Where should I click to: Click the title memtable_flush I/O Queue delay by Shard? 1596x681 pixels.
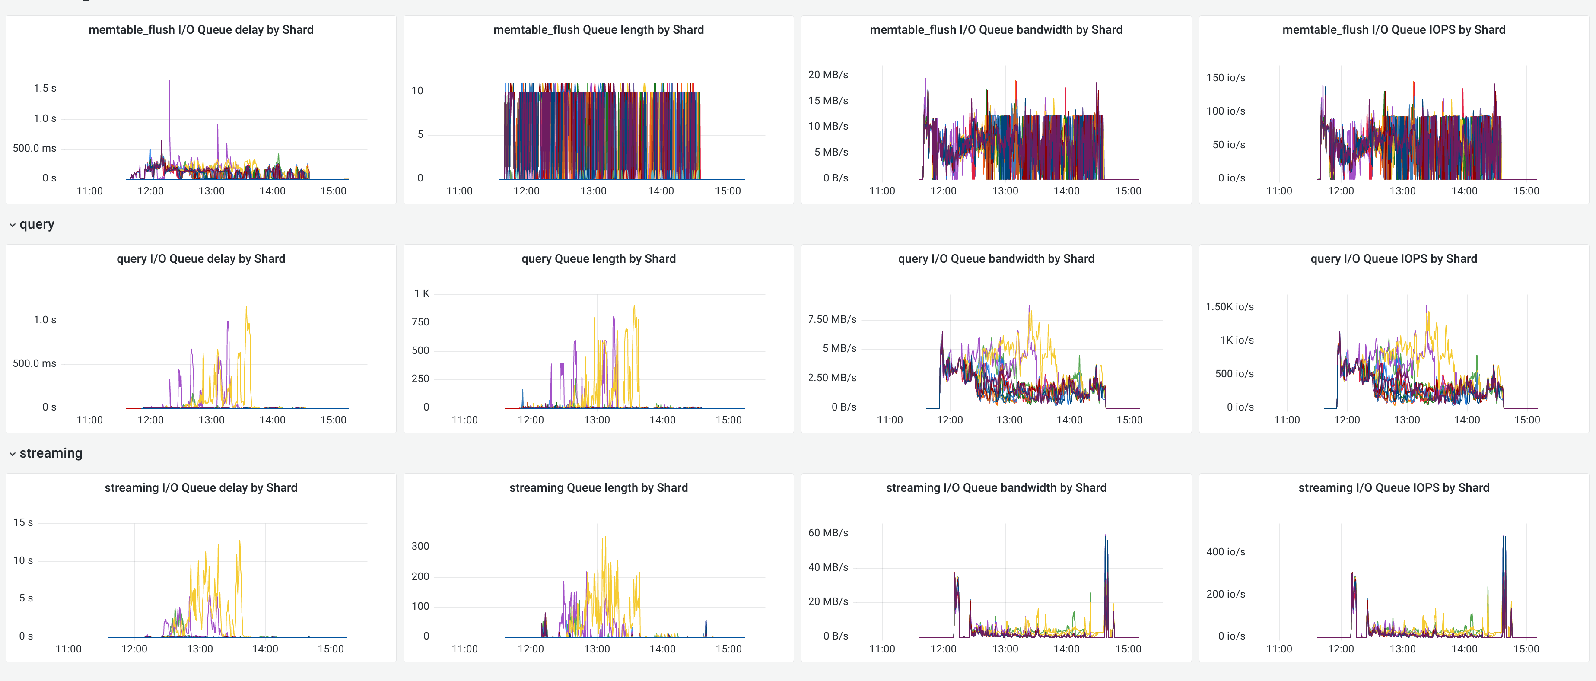tap(201, 30)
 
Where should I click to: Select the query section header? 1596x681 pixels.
tap(37, 224)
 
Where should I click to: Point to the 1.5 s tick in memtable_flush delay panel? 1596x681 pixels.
tap(45, 89)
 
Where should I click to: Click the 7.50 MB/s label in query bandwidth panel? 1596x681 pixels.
tap(831, 320)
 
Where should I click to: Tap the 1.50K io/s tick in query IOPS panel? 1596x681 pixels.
tap(1229, 307)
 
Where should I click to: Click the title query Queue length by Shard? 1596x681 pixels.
tap(598, 259)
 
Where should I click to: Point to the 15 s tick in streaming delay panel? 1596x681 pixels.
tap(23, 523)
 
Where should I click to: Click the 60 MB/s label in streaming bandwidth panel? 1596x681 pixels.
tap(828, 533)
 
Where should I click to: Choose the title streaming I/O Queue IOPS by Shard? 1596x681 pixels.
tap(1393, 488)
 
